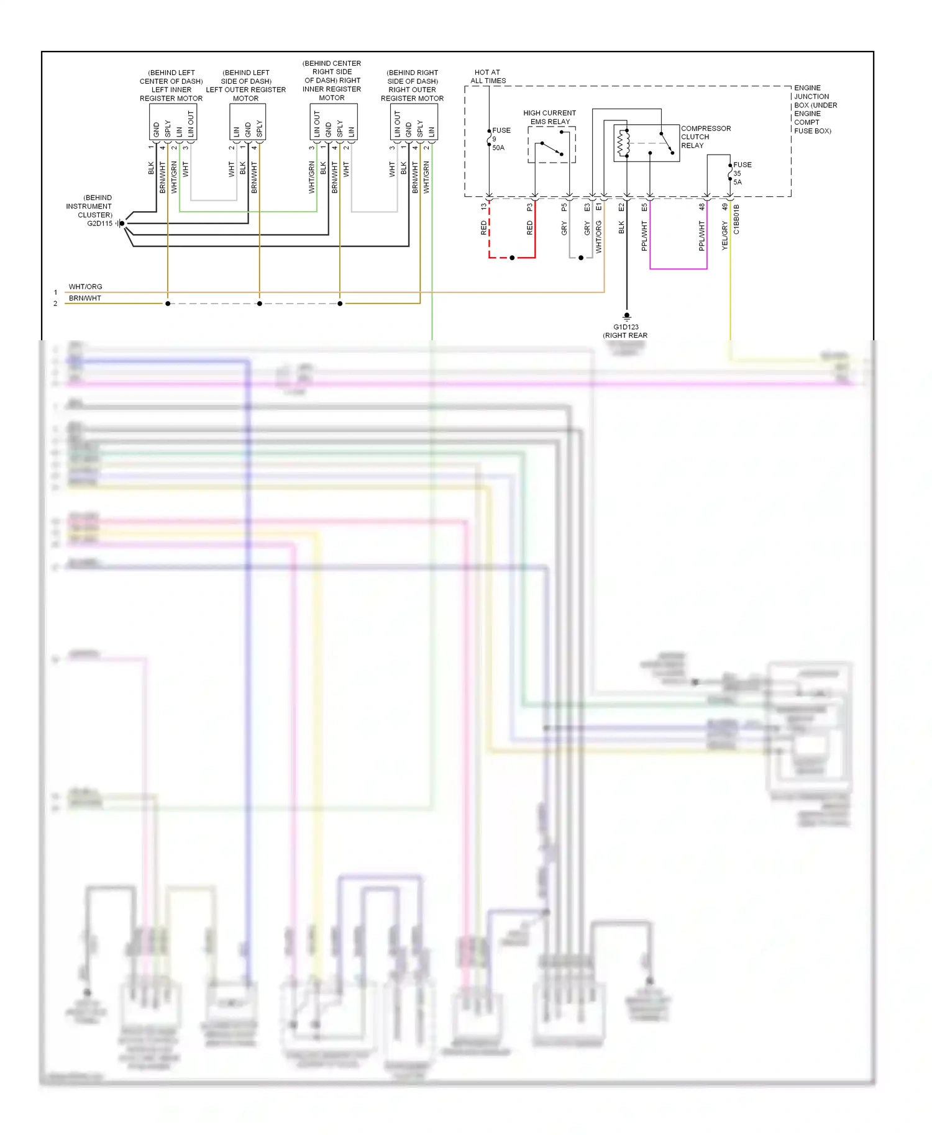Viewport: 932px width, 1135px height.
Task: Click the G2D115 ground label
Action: [x=99, y=224]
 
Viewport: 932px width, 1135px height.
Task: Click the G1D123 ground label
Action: [x=626, y=327]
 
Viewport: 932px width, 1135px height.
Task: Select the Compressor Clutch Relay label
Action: [x=705, y=137]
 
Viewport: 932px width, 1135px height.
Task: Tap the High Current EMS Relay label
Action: [x=549, y=117]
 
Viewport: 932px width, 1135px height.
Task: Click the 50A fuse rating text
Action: [x=498, y=148]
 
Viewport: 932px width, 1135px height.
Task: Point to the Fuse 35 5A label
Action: [x=741, y=173]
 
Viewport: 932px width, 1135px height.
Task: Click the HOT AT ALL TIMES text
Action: [x=488, y=76]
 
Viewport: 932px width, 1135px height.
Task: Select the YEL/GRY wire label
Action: [x=724, y=236]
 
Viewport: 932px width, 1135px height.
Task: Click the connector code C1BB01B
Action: [x=736, y=219]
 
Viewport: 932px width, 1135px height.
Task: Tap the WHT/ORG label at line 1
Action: [x=85, y=287]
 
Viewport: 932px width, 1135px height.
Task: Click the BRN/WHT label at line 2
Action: [x=85, y=298]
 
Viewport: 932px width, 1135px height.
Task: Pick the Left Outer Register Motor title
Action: [x=246, y=85]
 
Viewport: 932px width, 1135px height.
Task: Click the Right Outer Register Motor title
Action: [x=412, y=85]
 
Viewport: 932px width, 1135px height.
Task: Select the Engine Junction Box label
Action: [x=815, y=109]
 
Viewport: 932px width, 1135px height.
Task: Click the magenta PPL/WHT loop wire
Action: [x=678, y=269]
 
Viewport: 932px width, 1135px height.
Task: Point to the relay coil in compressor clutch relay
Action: [x=622, y=144]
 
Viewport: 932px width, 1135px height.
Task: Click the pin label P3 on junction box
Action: [x=529, y=207]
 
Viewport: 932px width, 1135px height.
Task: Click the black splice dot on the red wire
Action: [x=512, y=258]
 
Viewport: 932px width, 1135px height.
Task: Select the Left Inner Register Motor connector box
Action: [x=173, y=122]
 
